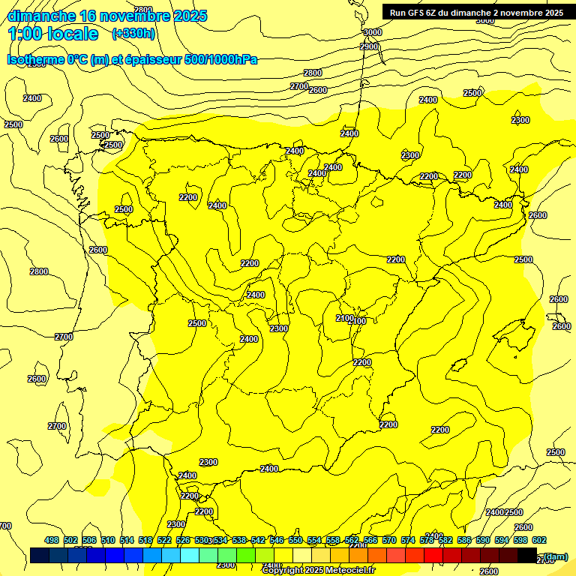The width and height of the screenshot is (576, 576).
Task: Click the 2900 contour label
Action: (x=369, y=46)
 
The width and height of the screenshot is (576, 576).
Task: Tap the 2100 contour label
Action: (x=344, y=319)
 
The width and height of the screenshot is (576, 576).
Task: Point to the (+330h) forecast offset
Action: (x=133, y=34)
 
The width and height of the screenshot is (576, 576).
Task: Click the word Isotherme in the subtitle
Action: (x=36, y=59)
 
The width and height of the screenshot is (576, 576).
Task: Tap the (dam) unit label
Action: (x=555, y=556)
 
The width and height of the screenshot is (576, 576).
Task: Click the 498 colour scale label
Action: (x=52, y=540)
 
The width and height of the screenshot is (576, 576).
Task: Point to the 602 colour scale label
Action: (x=539, y=540)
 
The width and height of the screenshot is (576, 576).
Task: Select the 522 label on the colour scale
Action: (x=164, y=540)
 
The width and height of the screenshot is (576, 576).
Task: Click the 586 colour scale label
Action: (x=464, y=540)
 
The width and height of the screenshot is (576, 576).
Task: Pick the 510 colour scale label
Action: (x=108, y=540)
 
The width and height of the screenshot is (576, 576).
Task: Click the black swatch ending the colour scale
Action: (x=527, y=556)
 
